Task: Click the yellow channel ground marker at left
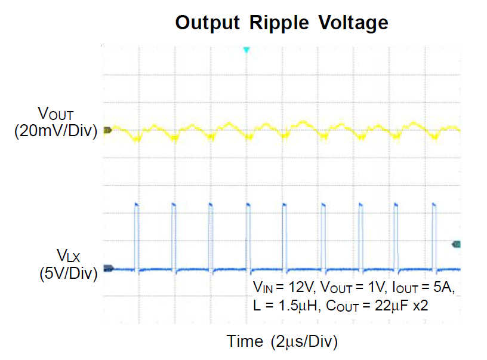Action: (x=107, y=130)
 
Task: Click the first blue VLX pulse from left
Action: (x=136, y=236)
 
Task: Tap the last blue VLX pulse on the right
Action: (x=434, y=236)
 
